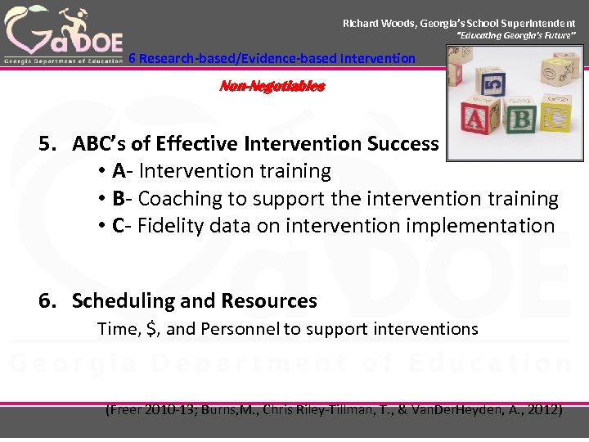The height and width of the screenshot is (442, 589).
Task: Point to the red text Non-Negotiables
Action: coord(272,86)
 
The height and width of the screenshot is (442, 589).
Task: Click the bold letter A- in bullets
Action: coord(121,171)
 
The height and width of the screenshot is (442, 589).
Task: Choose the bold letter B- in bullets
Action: coord(121,199)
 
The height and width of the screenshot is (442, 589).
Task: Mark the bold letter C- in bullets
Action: coord(121,226)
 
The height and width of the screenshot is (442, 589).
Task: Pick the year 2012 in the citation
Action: coord(542,409)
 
